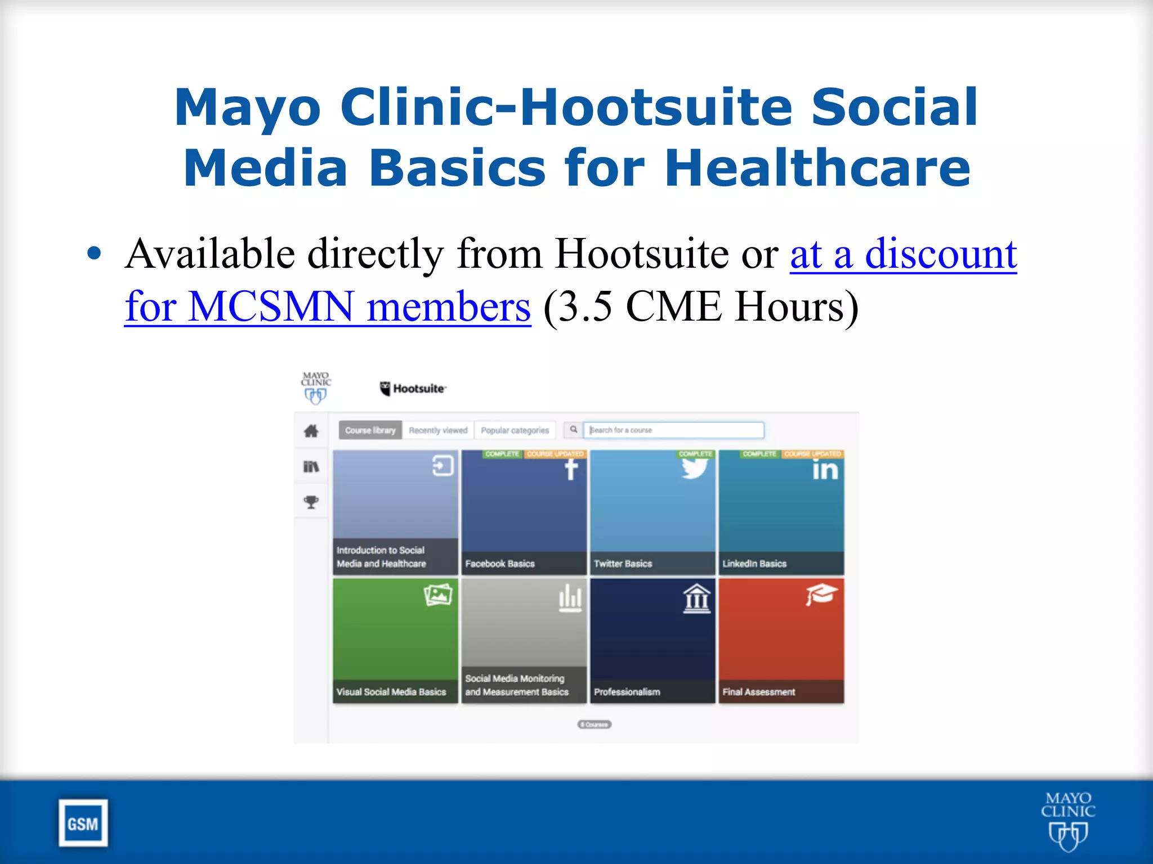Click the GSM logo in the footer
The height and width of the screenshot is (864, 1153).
pos(83,823)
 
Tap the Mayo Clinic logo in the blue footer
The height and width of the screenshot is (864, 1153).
pos(1067,821)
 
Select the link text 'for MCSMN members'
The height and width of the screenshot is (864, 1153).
pos(328,307)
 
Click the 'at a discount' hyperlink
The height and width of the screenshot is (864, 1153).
pos(903,254)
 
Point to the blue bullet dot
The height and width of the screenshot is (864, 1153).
pos(95,253)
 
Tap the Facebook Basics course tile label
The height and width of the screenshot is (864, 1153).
pos(500,564)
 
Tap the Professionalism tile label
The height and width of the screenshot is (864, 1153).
pos(627,692)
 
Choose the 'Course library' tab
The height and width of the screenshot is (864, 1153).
pos(370,430)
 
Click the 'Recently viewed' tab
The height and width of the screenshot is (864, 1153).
pos(438,430)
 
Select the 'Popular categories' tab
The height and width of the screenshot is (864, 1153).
pos(515,430)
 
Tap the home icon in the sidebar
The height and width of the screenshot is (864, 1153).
pos(311,431)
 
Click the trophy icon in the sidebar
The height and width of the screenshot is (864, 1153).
pos(311,502)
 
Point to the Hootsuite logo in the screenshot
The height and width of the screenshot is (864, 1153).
pos(413,389)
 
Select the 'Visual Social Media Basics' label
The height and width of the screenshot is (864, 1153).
pos(391,692)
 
